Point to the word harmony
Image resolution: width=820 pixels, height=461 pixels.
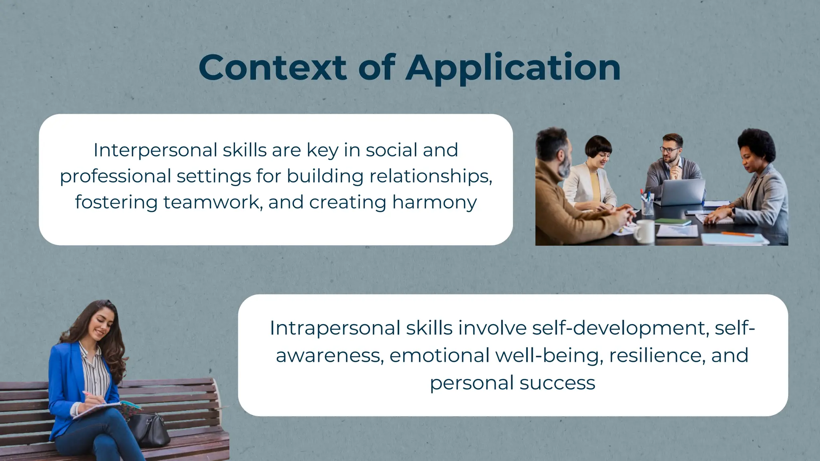click(x=434, y=202)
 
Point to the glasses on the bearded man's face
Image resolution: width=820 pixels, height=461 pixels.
click(x=670, y=150)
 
